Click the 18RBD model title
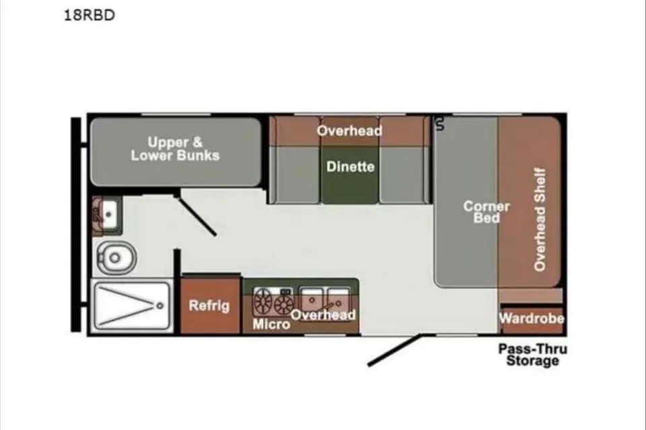(89, 15)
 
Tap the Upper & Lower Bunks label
(175, 148)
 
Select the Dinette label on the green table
(350, 167)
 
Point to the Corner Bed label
(487, 212)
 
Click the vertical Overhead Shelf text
(540, 219)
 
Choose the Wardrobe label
(532, 318)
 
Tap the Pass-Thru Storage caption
(533, 355)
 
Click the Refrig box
(210, 304)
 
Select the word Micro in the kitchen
(271, 325)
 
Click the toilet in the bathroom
(116, 257)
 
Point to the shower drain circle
(160, 306)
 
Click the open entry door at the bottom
(394, 350)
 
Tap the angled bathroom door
(197, 216)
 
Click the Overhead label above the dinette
(349, 130)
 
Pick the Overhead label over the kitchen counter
(323, 315)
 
